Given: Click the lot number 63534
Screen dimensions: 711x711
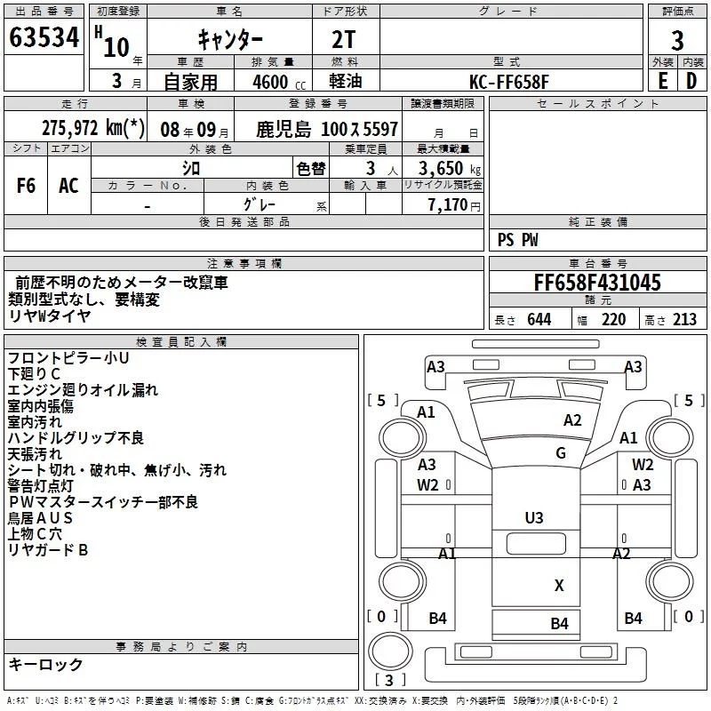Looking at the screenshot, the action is pyautogui.click(x=44, y=37).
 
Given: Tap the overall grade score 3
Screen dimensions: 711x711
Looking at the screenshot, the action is pyautogui.click(x=677, y=41).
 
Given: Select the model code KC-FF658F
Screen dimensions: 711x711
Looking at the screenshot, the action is pyautogui.click(x=508, y=82).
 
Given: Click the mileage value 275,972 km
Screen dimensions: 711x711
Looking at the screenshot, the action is pyautogui.click(x=93, y=128).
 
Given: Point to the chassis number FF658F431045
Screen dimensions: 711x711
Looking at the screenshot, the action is pyautogui.click(x=597, y=283).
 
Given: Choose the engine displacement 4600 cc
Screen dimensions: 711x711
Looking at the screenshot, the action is pyautogui.click(x=279, y=82).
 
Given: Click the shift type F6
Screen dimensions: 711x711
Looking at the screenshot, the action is pyautogui.click(x=26, y=186).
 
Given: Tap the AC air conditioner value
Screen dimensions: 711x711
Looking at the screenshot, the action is pyautogui.click(x=68, y=186).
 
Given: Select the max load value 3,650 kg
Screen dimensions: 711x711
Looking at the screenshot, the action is pyautogui.click(x=450, y=168).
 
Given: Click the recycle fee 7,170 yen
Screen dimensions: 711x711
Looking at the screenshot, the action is pyautogui.click(x=454, y=205).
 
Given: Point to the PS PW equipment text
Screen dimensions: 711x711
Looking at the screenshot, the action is pyautogui.click(x=517, y=240).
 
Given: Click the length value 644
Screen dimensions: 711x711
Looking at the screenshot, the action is pyautogui.click(x=539, y=319).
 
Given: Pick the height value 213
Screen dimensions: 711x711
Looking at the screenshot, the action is pyautogui.click(x=684, y=319).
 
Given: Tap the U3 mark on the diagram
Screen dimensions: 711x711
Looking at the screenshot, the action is pyautogui.click(x=534, y=518).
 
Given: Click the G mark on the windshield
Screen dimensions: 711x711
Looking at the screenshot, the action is pyautogui.click(x=561, y=453).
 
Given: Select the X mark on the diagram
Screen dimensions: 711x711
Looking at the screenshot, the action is pyautogui.click(x=559, y=586).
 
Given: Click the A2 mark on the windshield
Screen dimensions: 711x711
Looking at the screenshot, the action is pyautogui.click(x=572, y=420).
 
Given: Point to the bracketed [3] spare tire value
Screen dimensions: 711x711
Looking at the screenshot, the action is pyautogui.click(x=389, y=680).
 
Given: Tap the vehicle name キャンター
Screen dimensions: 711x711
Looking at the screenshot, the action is pyautogui.click(x=230, y=40).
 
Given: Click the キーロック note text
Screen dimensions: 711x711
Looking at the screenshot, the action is pyautogui.click(x=45, y=664).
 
